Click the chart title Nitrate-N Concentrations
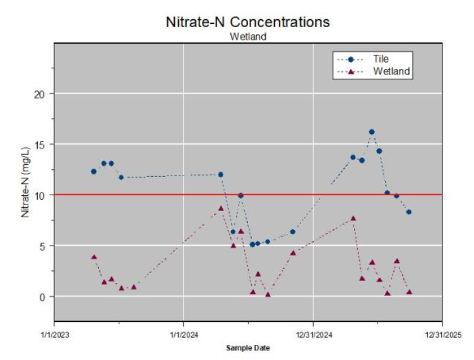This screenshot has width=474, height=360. tap(247, 22)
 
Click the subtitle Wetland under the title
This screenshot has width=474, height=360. tap(248, 37)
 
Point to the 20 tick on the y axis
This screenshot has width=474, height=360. tap(39, 94)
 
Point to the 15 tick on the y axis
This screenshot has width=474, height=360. tap(39, 145)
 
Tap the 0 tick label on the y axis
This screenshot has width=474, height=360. tap(42, 297)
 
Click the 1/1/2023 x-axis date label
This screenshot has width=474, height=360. tap(55, 335)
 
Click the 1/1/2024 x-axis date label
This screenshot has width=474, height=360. tap(184, 335)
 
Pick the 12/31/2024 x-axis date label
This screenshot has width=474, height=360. tap(314, 335)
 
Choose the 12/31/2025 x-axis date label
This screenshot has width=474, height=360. tap(443, 335)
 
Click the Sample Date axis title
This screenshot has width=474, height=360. tap(248, 348)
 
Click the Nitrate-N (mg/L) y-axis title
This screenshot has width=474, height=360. tap(25, 183)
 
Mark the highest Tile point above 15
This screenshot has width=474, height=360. tap(372, 132)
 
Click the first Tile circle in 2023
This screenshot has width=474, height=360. tap(93, 172)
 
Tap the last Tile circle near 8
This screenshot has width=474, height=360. tap(409, 212)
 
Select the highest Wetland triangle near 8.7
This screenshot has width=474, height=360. tap(221, 208)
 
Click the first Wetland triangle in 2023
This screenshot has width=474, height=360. tap(94, 257)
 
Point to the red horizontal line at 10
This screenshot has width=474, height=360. tap(248, 195)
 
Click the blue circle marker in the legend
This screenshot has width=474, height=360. tap(351, 59)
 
